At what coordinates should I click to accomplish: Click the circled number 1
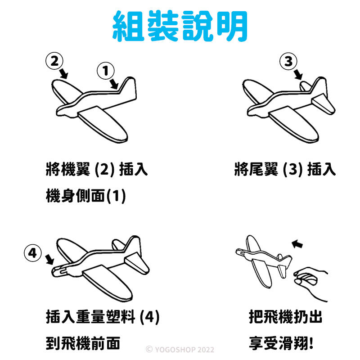click(106, 71)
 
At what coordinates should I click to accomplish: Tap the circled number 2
click(54, 61)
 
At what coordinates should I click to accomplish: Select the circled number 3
click(288, 61)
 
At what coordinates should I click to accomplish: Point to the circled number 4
click(33, 253)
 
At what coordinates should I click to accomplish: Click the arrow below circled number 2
click(63, 73)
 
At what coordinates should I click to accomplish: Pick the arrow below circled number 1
click(114, 84)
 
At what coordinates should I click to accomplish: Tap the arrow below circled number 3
click(298, 74)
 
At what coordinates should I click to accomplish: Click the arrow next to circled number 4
click(49, 260)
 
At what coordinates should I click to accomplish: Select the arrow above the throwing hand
click(297, 244)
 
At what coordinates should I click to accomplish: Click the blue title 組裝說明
click(180, 26)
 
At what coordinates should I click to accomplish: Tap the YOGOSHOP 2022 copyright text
click(180, 350)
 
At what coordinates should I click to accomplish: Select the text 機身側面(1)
click(86, 196)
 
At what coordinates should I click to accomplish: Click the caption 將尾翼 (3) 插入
click(285, 169)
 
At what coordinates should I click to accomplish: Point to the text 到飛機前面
click(83, 343)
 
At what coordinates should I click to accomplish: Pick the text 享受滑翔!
click(281, 343)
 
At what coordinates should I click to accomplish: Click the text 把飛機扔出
click(285, 317)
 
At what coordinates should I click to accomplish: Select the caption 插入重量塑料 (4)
click(103, 317)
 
